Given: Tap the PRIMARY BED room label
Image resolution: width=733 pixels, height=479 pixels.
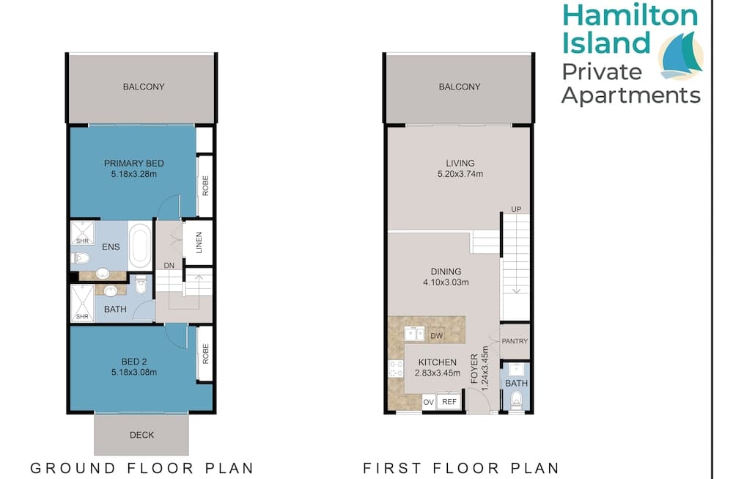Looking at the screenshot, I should point(133,163).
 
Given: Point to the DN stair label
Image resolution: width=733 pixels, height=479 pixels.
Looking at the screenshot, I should point(169,266).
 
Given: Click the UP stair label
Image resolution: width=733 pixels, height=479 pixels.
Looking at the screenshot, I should point(516,210).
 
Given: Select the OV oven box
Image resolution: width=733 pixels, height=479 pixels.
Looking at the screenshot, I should point(429,402).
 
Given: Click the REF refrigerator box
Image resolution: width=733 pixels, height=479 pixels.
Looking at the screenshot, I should point(449,402).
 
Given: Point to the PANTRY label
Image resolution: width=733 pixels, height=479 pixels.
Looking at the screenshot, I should point(516,341).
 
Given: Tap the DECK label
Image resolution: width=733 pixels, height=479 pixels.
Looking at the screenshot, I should point(141,435).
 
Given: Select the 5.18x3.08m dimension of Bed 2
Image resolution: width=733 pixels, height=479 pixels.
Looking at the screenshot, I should point(133,372).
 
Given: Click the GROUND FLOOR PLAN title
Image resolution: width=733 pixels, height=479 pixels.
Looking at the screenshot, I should point(141,467).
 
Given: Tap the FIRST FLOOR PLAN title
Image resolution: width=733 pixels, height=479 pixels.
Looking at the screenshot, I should point(461,467).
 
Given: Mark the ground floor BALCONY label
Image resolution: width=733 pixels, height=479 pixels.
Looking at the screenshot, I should point(144,87).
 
